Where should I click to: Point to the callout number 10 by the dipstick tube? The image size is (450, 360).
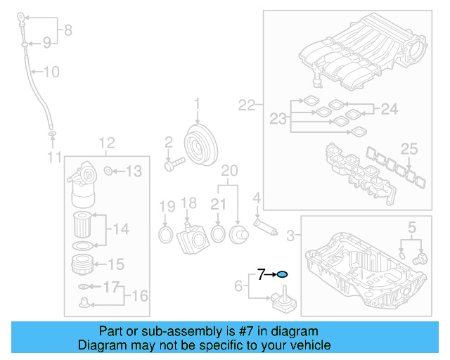pos(52,71)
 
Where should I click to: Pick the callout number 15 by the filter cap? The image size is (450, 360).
pos(115,264)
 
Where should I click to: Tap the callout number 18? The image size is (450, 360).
pos(188,203)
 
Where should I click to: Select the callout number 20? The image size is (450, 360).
pos(230,171)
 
